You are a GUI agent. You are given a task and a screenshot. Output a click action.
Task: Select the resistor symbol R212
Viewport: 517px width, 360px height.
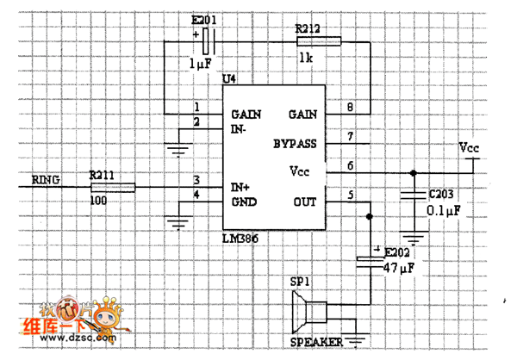coord(318,40)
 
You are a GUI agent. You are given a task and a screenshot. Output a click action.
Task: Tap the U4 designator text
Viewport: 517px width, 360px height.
coord(229,79)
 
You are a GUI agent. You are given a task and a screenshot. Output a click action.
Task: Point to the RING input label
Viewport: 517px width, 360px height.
coord(46,179)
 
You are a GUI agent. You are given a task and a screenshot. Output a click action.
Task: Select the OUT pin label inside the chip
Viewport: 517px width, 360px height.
coord(304,202)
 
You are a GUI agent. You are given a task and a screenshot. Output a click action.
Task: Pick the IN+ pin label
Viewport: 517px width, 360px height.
coord(240,186)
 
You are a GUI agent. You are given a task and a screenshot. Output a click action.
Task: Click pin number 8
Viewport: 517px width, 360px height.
coord(349,108)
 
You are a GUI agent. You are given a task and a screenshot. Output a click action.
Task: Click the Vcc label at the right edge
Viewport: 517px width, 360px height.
coord(470,148)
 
